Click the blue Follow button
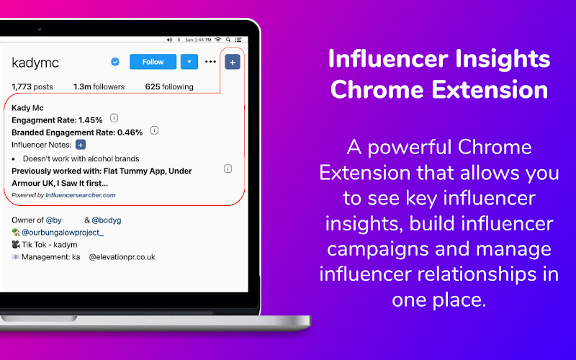pyautogui.click(x=153, y=62)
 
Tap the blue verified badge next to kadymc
pyautogui.click(x=115, y=62)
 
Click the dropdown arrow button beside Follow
pyautogui.click(x=189, y=62)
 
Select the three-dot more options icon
pyautogui.click(x=210, y=61)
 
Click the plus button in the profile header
pyautogui.click(x=233, y=62)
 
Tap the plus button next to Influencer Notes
pyautogui.click(x=81, y=145)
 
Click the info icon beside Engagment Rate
pyautogui.click(x=114, y=118)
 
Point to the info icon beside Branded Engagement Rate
pyautogui.click(x=154, y=130)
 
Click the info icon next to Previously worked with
pyautogui.click(x=228, y=168)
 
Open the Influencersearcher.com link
pyautogui.click(x=81, y=195)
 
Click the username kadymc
pyautogui.click(x=35, y=63)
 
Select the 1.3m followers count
pyautogui.click(x=99, y=86)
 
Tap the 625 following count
pyautogui.click(x=169, y=86)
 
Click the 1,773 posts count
pyautogui.click(x=32, y=86)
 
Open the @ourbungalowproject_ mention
pyautogui.click(x=63, y=233)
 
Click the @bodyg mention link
pyautogui.click(x=106, y=220)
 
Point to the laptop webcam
pyautogui.click(x=40, y=29)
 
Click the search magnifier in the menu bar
pyautogui.click(x=228, y=40)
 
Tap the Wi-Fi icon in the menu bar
pyautogui.click(x=218, y=40)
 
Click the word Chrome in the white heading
pyautogui.click(x=377, y=89)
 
